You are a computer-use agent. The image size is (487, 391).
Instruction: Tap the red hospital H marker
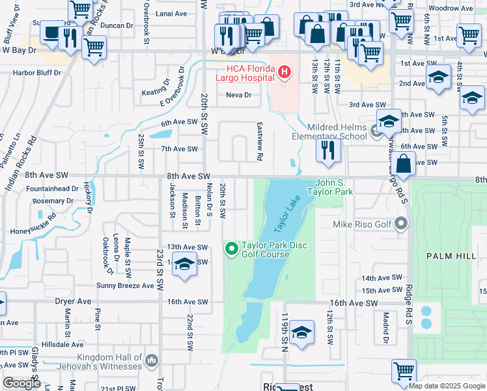pos(284,72)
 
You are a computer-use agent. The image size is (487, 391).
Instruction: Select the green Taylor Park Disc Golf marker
pos(231,249)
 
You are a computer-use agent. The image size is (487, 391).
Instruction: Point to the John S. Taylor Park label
pos(335,188)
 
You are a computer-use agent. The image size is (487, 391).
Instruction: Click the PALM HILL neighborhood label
pos(451,257)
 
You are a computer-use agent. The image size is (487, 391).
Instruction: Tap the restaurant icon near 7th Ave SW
pos(328,151)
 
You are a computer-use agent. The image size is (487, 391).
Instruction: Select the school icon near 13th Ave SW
pos(185,265)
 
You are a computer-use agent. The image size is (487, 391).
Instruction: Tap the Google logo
pos(21,383)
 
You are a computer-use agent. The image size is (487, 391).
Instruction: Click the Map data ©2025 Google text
pos(446,386)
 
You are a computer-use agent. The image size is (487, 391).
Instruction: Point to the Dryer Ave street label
pos(74,302)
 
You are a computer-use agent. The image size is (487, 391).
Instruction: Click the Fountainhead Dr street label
pos(53,188)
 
